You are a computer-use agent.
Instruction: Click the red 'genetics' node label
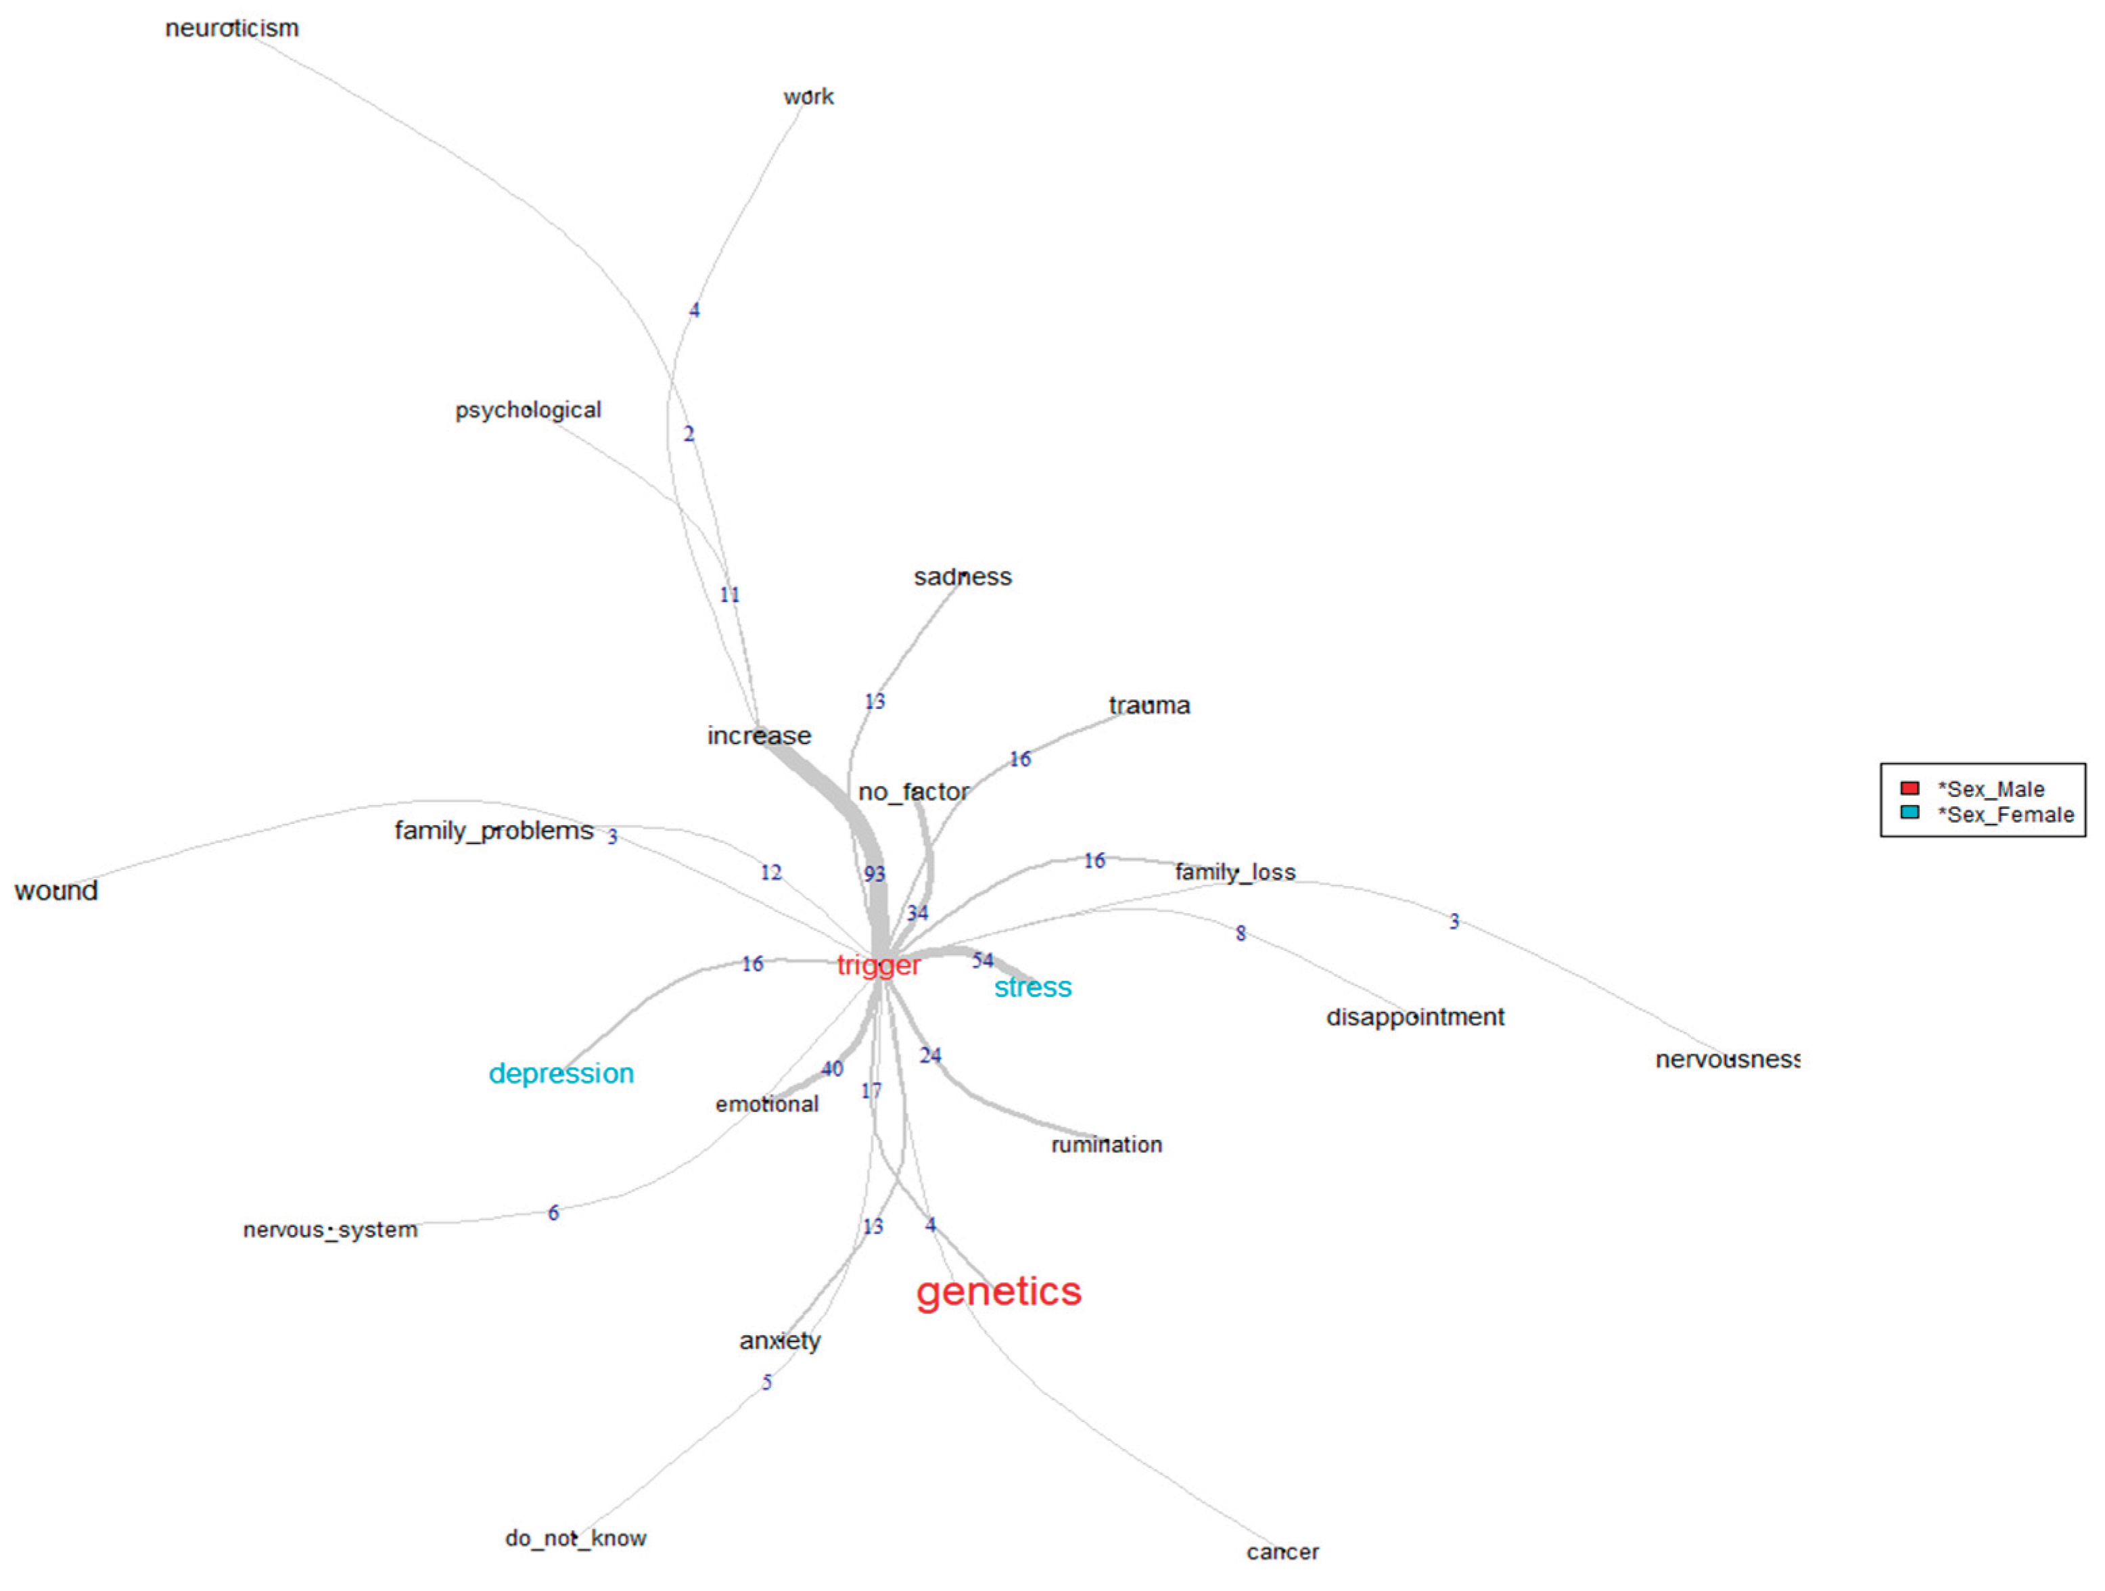(998, 1291)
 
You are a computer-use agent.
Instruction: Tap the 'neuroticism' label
(231, 28)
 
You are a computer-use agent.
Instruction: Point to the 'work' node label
(808, 96)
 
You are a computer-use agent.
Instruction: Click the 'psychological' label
(528, 410)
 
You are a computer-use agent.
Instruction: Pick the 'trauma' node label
(1149, 705)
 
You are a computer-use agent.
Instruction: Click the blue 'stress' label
(1032, 988)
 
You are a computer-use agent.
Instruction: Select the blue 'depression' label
(561, 1074)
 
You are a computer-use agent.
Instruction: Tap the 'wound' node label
(56, 891)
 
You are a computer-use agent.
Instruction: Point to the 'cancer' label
(1282, 1552)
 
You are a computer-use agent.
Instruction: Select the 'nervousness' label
(1727, 1059)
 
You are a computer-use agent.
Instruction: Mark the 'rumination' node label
(1106, 1145)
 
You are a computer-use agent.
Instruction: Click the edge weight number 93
(875, 873)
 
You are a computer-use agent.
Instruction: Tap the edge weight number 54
(982, 960)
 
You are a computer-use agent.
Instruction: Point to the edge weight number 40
(832, 1069)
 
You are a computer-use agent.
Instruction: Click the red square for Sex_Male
(1909, 788)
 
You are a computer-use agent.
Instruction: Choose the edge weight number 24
(930, 1055)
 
